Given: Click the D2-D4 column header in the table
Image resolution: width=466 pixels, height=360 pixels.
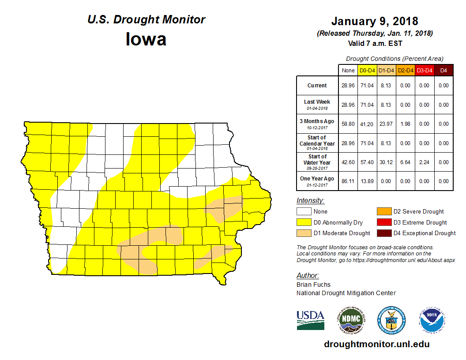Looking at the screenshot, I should point(406,71).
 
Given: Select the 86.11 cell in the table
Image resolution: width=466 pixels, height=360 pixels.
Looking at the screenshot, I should point(348,181).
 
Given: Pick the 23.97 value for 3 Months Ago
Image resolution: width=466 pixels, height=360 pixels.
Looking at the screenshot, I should point(387,124).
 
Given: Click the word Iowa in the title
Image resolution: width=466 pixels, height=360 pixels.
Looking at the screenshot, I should point(146,39).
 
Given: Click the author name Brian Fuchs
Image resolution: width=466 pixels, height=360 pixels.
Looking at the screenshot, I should point(313,285).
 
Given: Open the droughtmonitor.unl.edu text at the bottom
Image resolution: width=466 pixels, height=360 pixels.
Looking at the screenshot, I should point(376,344).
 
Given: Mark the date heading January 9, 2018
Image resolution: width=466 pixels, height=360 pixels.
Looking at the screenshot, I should point(375,21).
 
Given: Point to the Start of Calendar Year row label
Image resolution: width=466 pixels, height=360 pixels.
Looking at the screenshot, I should point(317,143).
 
